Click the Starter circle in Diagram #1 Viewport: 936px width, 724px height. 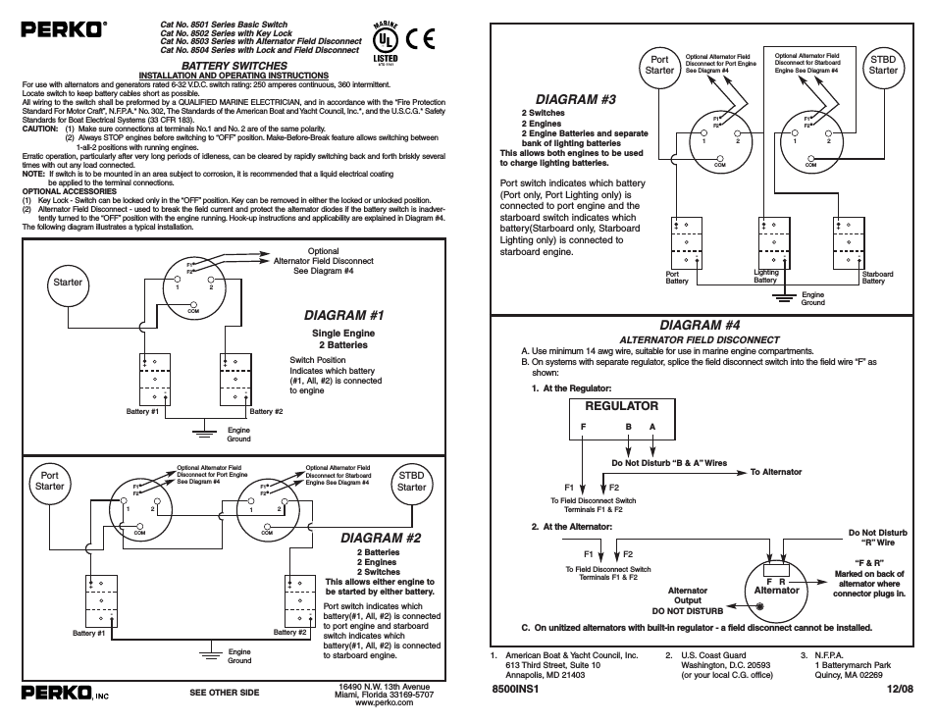68,284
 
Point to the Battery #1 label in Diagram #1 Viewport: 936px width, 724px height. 143,411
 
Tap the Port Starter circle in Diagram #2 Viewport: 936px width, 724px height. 50,481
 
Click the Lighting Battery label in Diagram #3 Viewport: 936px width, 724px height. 765,277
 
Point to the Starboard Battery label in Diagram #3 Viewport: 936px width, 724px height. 877,278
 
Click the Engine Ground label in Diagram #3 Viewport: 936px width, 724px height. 813,298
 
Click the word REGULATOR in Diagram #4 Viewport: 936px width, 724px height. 621,405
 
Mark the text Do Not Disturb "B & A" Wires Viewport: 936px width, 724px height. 668,463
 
